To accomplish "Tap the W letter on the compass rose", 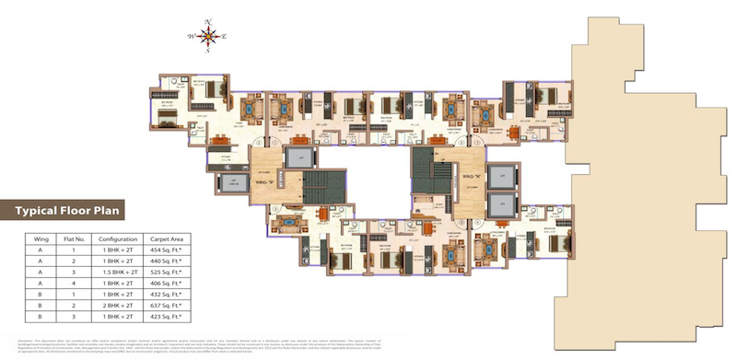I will (x=192, y=37).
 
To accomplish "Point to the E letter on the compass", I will (x=225, y=37).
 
